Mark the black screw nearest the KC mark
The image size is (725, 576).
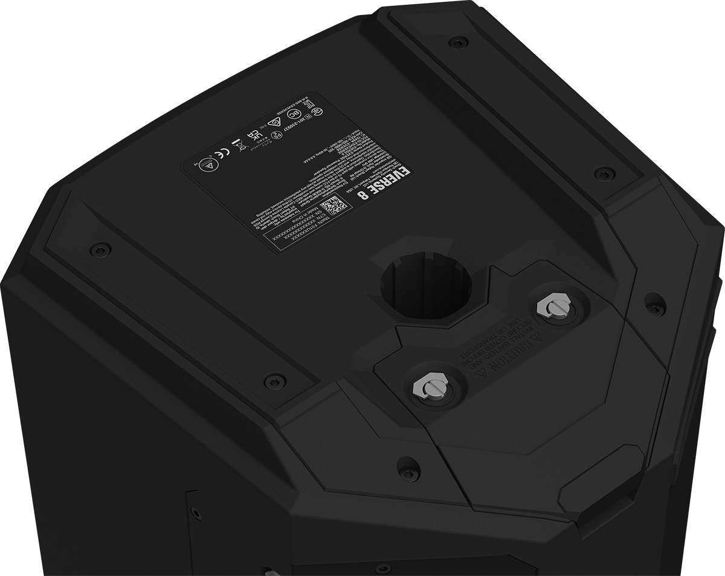tap(459, 42)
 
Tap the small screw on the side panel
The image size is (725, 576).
tap(196, 514)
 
